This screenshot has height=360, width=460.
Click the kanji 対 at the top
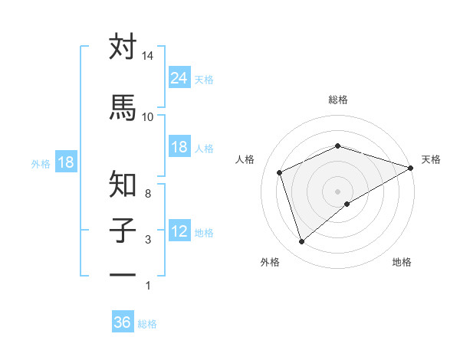[123, 47]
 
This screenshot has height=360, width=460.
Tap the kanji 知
[123, 184]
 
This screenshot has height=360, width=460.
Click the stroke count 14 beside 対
[148, 57]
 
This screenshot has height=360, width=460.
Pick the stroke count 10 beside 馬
[148, 116]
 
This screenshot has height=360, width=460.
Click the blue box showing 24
[179, 78]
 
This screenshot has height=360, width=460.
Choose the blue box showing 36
[123, 322]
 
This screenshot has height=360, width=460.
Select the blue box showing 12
[179, 231]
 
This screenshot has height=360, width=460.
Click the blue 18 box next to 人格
[179, 147]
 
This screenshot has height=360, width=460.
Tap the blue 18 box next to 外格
[65, 162]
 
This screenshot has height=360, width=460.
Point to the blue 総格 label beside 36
[147, 324]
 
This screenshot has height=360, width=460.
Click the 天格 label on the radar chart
[431, 159]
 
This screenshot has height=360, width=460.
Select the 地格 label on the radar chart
[402, 262]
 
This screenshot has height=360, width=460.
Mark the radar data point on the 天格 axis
[411, 167]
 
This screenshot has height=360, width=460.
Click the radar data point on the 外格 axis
[301, 242]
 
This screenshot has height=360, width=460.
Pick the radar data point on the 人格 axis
[280, 172]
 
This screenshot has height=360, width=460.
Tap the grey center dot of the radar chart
[337, 191]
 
